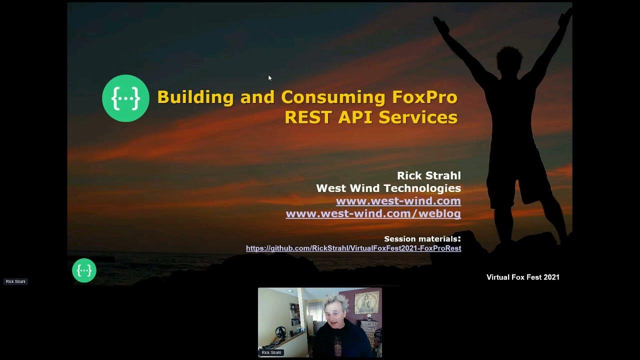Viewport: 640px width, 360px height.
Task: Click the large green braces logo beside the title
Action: (125, 98)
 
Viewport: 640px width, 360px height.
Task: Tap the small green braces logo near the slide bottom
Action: (84, 270)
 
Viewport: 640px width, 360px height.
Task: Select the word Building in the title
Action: (195, 97)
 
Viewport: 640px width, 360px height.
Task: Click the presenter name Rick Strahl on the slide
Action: (428, 175)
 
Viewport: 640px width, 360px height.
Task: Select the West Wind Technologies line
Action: (388, 188)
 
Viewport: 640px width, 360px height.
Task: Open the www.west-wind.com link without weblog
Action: (398, 201)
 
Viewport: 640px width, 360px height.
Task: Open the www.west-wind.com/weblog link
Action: (373, 213)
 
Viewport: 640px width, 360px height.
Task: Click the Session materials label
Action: (422, 238)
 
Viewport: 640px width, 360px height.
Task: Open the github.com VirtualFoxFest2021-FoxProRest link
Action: (353, 248)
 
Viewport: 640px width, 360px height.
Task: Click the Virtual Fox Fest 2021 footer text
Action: (522, 277)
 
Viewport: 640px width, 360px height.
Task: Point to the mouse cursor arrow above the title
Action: (269, 78)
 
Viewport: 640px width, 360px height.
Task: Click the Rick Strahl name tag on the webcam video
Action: (271, 352)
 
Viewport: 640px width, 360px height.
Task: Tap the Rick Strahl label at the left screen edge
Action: (15, 281)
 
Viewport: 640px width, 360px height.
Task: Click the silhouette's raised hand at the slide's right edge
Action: (565, 17)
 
